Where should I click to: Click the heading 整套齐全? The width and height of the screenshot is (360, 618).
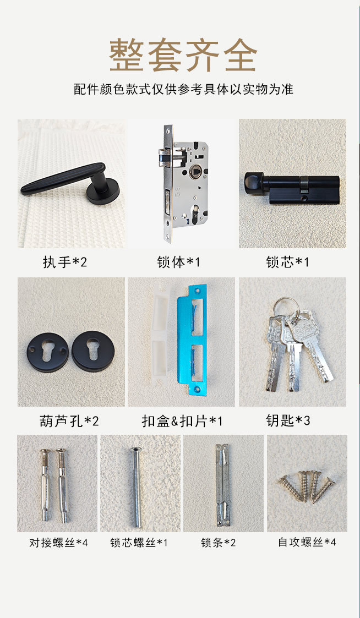tap(183, 55)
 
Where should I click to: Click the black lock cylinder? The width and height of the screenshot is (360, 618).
tap(292, 188)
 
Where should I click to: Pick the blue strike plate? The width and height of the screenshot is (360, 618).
tap(192, 340)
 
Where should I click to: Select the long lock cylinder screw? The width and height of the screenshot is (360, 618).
tap(137, 487)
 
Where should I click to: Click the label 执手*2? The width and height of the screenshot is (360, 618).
tap(64, 262)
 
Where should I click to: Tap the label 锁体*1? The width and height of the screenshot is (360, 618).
tap(178, 262)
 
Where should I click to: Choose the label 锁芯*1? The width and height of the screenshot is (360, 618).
tap(287, 262)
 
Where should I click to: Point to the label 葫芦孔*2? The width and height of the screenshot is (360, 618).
tap(69, 422)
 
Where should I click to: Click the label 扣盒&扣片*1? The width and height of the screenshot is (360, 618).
tap(182, 422)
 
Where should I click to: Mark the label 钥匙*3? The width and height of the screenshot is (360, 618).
tap(288, 421)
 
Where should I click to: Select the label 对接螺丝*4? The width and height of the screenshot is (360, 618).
tap(58, 543)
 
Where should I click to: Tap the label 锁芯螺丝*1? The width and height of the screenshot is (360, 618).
tap(139, 543)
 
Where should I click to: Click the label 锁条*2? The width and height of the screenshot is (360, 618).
tap(219, 543)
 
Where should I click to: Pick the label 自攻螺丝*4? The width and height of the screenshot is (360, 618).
tap(307, 542)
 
